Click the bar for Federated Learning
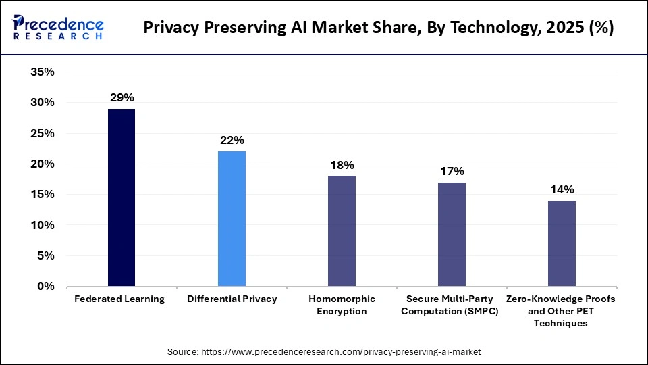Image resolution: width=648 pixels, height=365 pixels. (122, 197)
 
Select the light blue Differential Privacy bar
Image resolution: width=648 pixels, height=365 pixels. (232, 218)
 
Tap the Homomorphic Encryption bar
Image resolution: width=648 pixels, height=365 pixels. (342, 230)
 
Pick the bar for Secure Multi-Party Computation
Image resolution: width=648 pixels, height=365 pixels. (452, 234)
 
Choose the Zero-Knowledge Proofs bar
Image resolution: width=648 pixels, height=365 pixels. (562, 243)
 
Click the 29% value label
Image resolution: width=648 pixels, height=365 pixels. (122, 98)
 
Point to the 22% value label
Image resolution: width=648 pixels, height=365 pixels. (232, 141)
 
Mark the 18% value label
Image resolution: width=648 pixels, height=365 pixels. (342, 165)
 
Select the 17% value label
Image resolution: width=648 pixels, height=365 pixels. (452, 171)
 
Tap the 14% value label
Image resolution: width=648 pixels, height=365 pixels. (562, 189)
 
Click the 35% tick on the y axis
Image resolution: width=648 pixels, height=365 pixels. (43, 72)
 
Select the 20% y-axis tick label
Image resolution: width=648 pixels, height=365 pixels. (43, 164)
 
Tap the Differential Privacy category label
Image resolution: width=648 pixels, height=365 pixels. (232, 299)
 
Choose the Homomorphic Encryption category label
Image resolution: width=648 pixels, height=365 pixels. (342, 305)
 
